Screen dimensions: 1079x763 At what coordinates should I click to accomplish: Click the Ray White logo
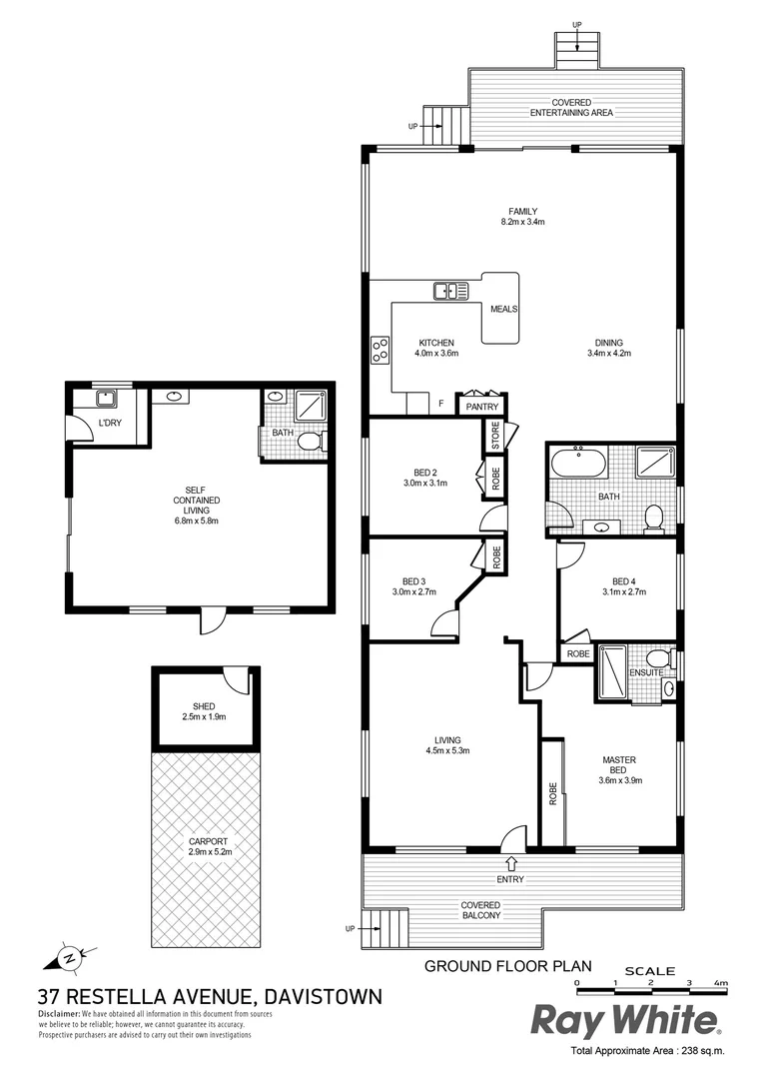pos(624,1020)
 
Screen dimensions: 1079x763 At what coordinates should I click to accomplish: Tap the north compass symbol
pos(66,956)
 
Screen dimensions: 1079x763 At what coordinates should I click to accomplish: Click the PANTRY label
pos(480,407)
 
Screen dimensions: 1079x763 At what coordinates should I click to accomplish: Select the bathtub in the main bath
pos(577,465)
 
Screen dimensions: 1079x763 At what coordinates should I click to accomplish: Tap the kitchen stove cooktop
pos(381,350)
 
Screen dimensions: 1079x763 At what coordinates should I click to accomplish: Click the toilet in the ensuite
pos(657,658)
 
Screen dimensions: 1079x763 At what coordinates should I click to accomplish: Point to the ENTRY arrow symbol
pos(512,862)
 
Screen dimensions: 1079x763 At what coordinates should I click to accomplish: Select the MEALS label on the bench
pos(503,309)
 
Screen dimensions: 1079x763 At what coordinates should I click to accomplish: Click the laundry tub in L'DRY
pos(105,400)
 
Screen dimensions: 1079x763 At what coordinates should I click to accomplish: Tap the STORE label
pos(493,435)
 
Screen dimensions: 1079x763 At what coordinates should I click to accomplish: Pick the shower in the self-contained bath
pos(311,407)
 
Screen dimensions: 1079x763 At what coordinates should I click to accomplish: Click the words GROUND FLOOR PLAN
pos(508,966)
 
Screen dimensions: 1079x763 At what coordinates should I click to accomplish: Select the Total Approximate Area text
pos(646,1051)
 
